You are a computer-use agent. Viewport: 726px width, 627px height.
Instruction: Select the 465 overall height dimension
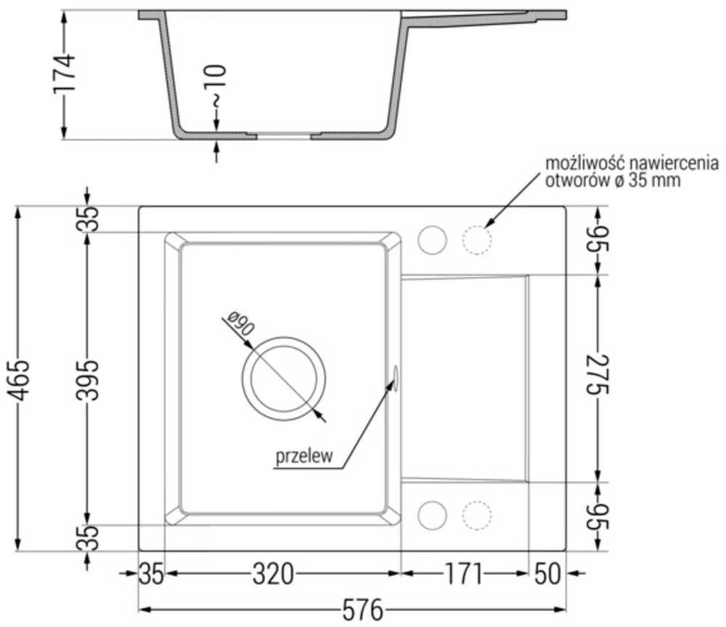(x=20, y=379)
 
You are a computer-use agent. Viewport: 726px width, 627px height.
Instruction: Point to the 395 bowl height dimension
(x=88, y=379)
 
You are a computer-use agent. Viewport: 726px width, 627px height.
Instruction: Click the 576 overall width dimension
(x=362, y=610)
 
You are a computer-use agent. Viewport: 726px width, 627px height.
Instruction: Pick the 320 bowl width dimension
(x=273, y=574)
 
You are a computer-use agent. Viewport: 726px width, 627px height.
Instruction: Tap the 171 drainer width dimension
(x=463, y=574)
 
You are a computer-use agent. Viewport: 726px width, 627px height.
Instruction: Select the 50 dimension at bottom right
(x=547, y=574)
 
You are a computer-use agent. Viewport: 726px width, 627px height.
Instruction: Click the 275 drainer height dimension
(x=598, y=374)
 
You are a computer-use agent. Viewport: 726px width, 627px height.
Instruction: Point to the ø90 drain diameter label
(x=241, y=323)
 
